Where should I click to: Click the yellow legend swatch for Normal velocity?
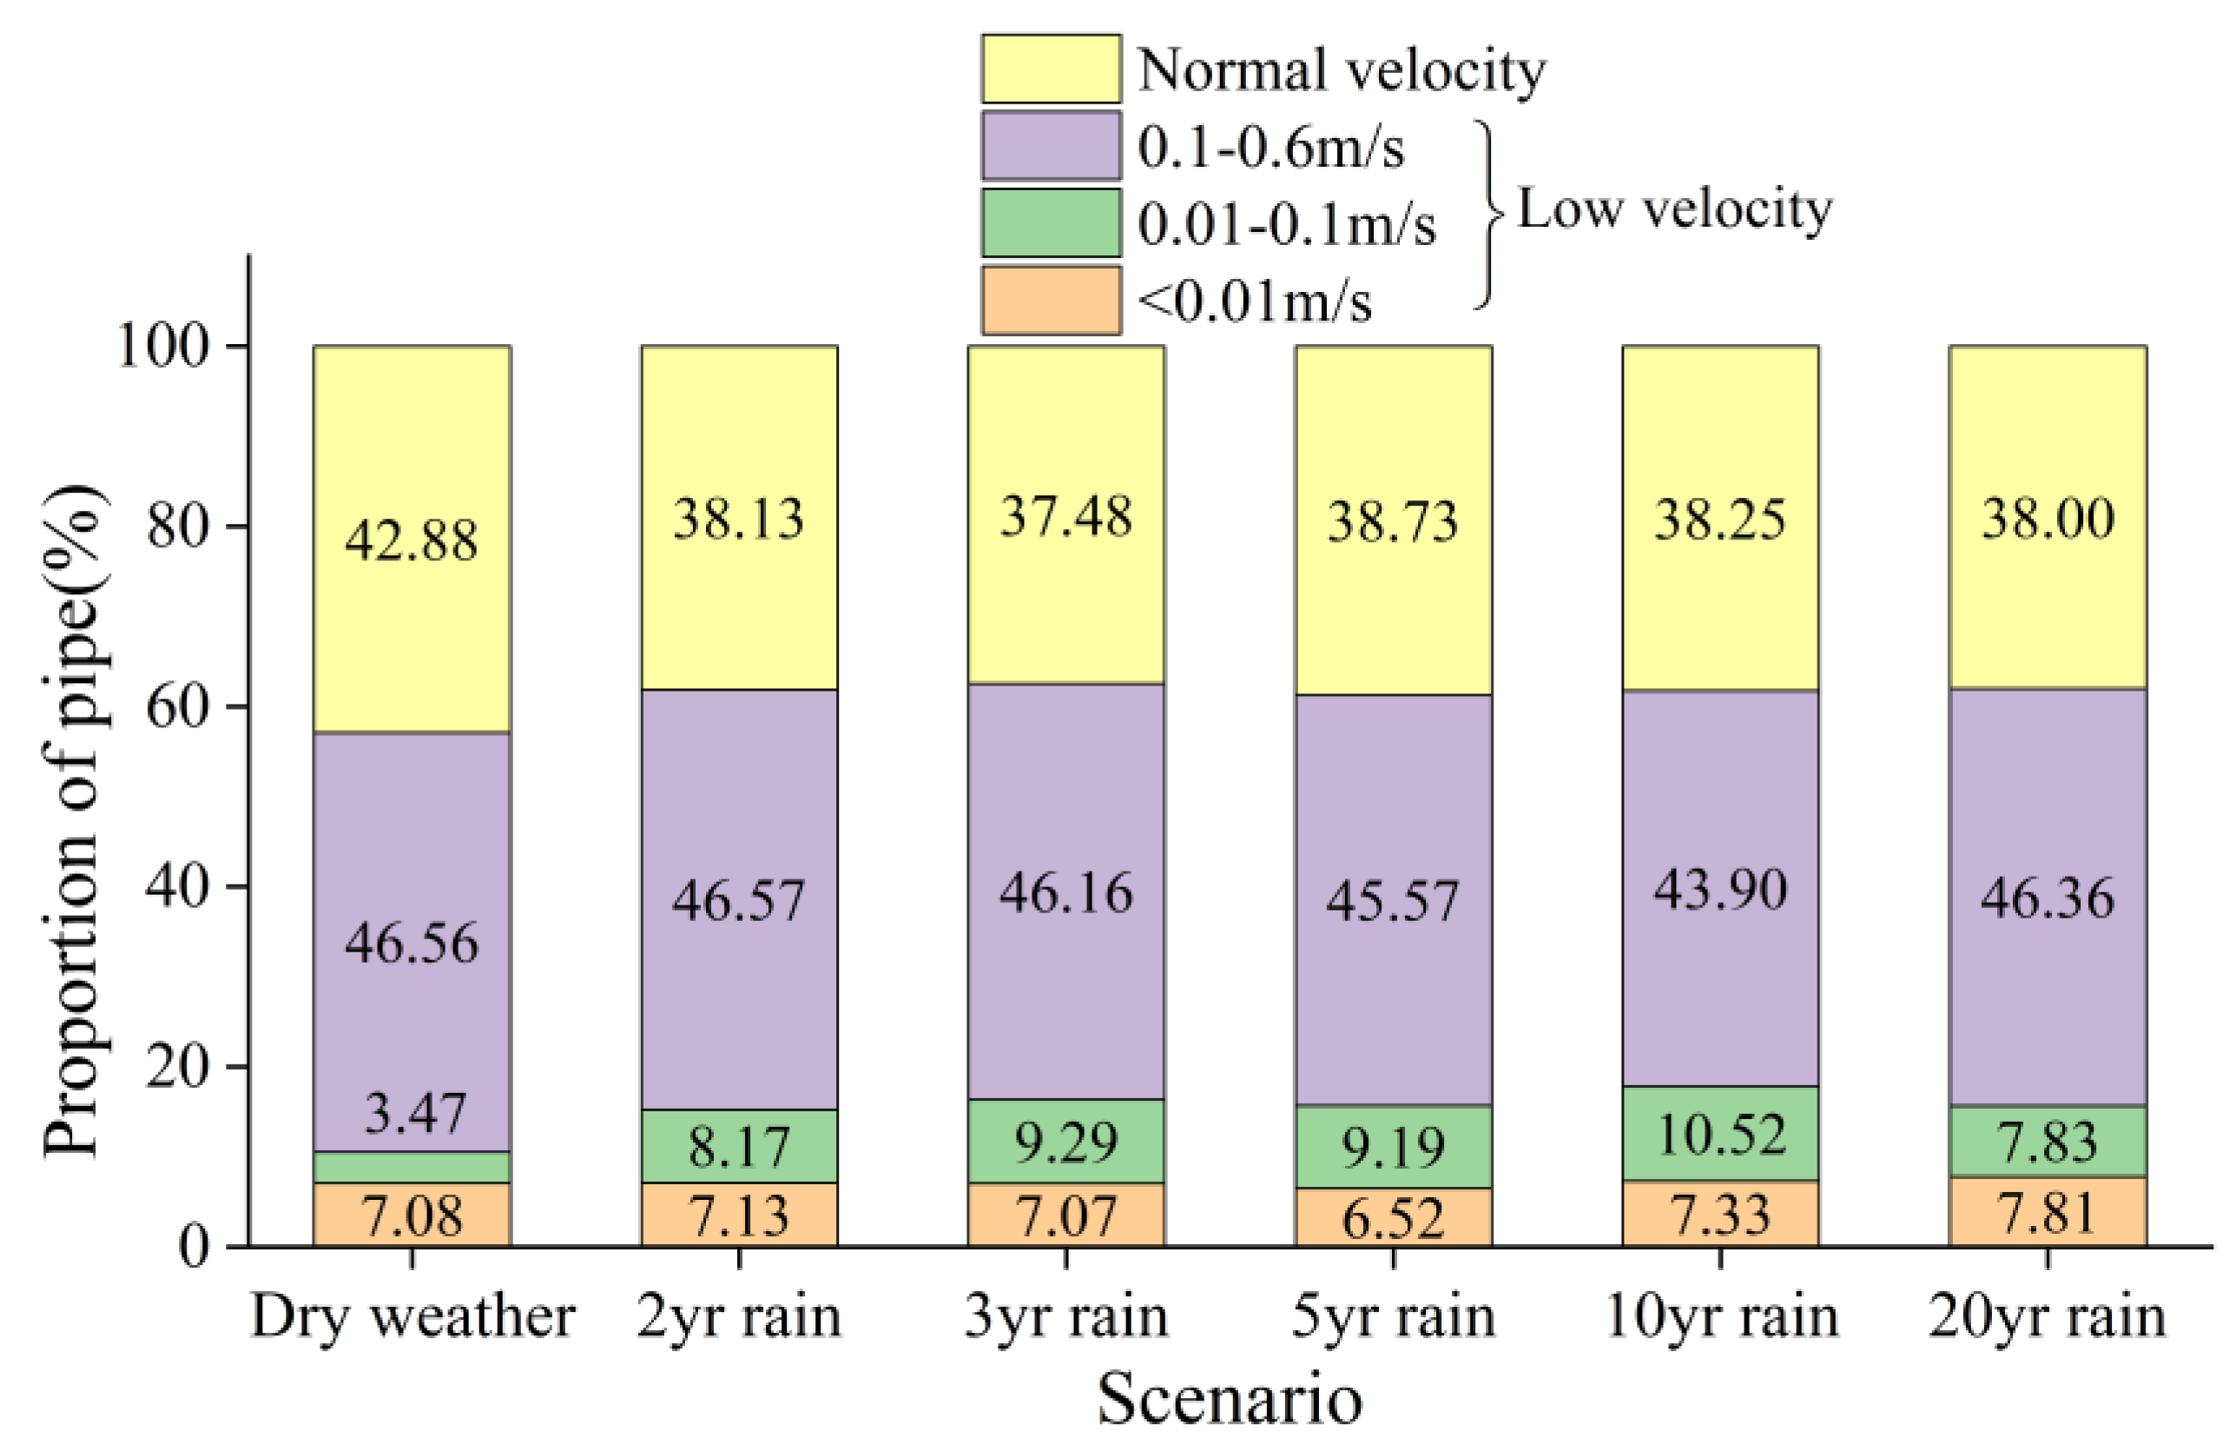tap(1051, 69)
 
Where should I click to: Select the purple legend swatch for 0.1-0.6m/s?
tap(1051, 146)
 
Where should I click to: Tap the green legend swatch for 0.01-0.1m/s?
tap(1051, 222)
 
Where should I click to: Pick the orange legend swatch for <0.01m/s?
tap(1051, 301)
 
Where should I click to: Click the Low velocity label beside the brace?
tap(1674, 208)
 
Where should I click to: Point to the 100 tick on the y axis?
tap(160, 347)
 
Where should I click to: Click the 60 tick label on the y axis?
tap(175, 706)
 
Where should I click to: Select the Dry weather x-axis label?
tap(412, 1316)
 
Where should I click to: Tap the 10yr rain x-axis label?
tap(1721, 1316)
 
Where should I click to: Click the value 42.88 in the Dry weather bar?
tap(412, 540)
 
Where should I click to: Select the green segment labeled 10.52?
tap(1720, 1133)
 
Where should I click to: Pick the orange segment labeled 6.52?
tap(1394, 1219)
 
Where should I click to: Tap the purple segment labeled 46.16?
tap(1065, 893)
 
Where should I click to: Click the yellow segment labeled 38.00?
tap(2048, 518)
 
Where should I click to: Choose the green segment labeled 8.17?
tap(739, 1147)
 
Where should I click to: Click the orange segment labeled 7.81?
tap(2048, 1212)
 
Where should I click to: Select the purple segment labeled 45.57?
tap(1394, 900)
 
